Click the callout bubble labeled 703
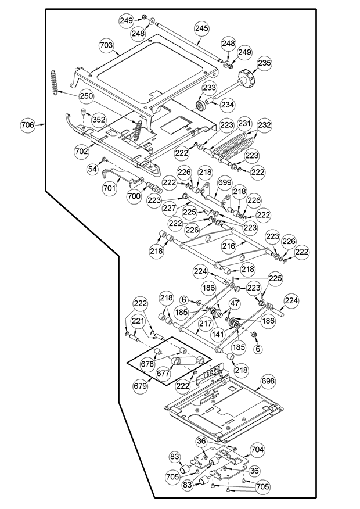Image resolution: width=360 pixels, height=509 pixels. coord(106,45)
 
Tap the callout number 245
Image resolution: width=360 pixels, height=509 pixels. coord(201,28)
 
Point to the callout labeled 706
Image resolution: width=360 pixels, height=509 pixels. coord(28,124)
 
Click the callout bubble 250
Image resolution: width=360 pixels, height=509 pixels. coord(86,95)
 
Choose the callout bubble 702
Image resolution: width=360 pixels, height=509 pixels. coord(82,150)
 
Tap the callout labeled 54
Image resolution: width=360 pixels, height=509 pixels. coord(92,168)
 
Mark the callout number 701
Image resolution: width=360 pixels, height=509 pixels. coord(110,188)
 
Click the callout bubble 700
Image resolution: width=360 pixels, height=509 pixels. coord(134,197)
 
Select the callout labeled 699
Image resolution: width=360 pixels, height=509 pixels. coord(225,184)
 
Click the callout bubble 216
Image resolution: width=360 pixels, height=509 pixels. coord(229,246)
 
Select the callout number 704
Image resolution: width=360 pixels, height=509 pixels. coord(257,449)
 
